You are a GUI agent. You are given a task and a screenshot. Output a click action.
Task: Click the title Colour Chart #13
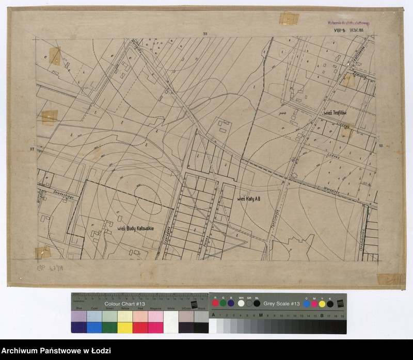(x=119, y=304)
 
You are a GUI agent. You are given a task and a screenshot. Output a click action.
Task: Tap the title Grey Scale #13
(x=281, y=304)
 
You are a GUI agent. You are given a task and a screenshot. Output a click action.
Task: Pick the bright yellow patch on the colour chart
(x=125, y=328)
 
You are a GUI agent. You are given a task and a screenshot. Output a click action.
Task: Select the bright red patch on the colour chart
(x=140, y=328)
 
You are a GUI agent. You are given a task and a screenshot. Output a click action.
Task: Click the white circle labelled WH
(x=241, y=303)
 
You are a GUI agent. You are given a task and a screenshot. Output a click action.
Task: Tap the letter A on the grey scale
(x=213, y=315)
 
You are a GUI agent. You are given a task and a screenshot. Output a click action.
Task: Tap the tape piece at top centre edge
(x=286, y=19)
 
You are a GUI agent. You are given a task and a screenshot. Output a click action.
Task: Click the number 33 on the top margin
(x=205, y=34)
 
